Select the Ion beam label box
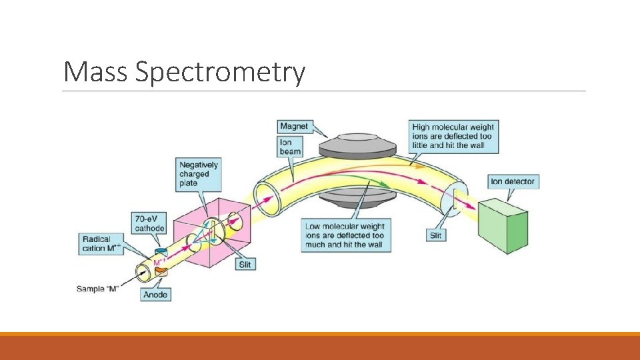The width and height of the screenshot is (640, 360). click(x=291, y=147)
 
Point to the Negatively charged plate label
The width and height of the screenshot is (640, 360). click(x=198, y=174)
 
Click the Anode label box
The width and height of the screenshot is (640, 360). click(x=156, y=294)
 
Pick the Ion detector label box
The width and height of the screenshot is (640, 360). click(x=512, y=181)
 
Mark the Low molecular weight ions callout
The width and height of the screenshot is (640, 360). click(x=345, y=235)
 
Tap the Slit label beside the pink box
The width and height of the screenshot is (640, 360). click(x=245, y=264)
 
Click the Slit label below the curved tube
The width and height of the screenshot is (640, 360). click(x=435, y=235)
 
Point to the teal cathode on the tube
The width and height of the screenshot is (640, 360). click(x=161, y=251)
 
